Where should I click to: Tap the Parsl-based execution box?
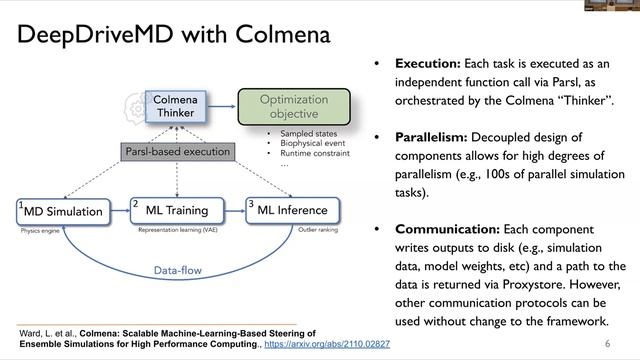point(178,152)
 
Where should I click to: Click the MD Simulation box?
point(63,211)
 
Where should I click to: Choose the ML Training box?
point(177,211)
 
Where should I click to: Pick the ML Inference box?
point(293,211)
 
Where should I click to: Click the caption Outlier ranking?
point(320,230)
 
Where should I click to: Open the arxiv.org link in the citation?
point(328,344)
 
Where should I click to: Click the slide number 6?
point(608,343)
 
